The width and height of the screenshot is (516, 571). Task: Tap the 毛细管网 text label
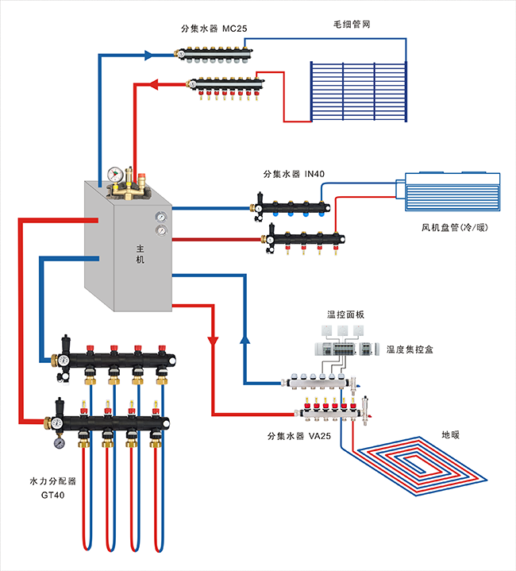(351, 25)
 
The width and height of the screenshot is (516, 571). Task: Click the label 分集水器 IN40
(298, 174)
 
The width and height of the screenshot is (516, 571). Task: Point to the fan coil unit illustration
(452, 192)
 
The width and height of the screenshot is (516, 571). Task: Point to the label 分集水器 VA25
(298, 436)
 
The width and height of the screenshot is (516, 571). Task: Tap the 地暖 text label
(451, 435)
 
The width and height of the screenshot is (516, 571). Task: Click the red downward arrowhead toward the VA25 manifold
(213, 341)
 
